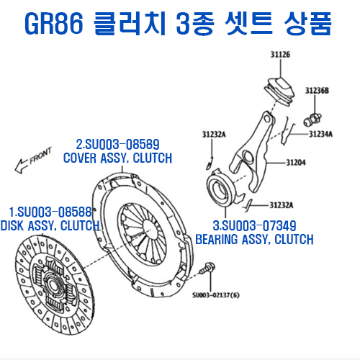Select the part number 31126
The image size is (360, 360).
[280, 55]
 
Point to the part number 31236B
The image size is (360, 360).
[317, 91]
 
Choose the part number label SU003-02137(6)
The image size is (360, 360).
[217, 294]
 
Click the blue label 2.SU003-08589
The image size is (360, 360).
[118, 143]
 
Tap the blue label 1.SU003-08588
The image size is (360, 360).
[50, 212]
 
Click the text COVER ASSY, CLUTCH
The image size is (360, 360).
[117, 158]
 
